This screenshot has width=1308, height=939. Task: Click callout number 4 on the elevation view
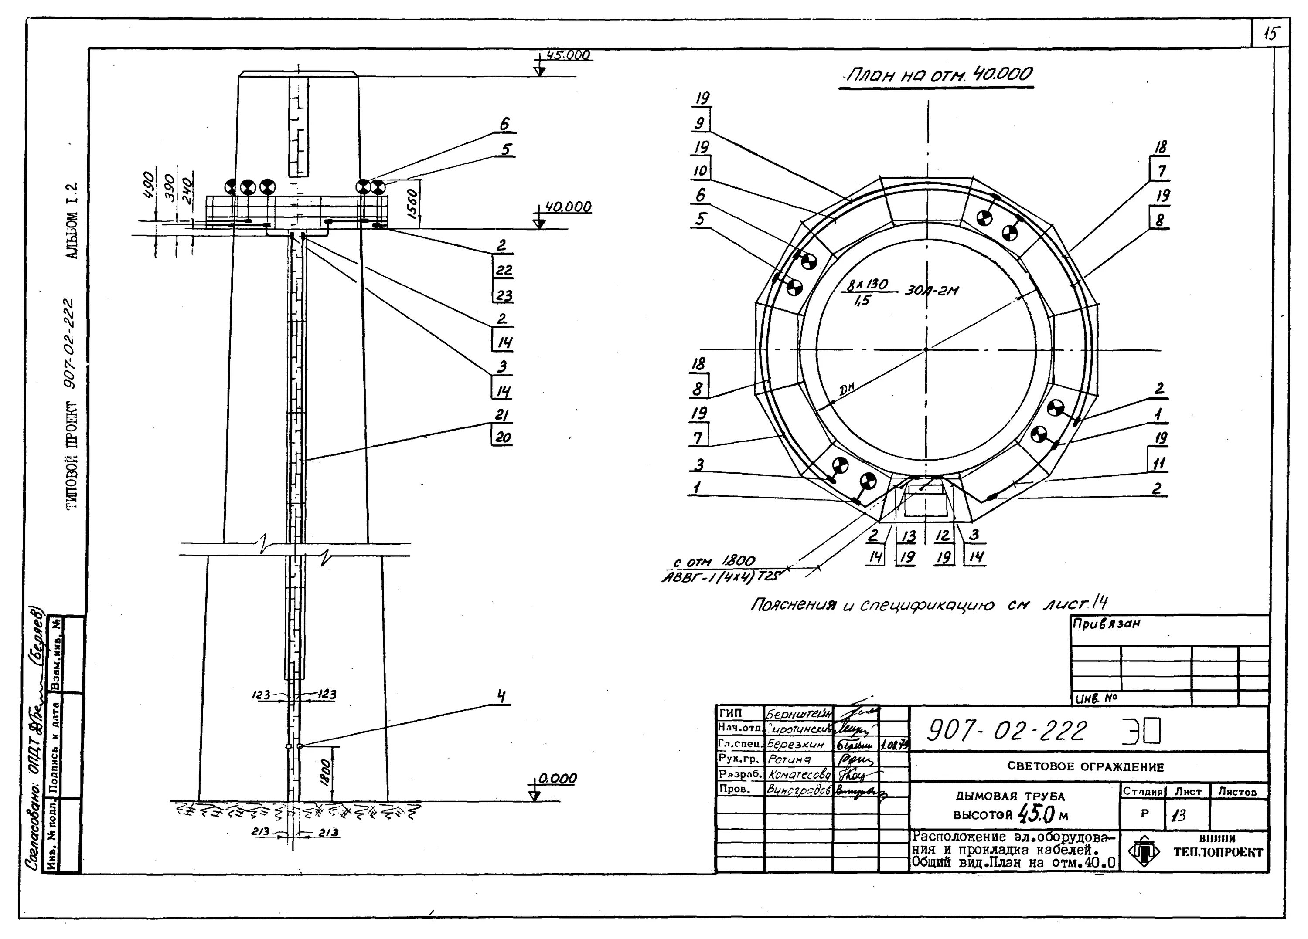tap(502, 697)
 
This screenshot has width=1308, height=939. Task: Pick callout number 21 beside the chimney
tap(501, 415)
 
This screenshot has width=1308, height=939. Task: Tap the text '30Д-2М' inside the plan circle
tap(931, 291)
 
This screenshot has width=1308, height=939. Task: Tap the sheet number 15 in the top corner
tap(1271, 34)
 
